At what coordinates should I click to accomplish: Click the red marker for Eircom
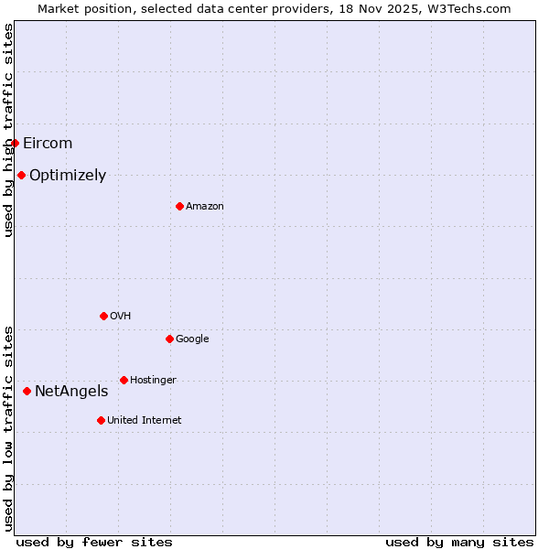coord(15,143)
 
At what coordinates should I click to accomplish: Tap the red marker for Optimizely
coord(21,175)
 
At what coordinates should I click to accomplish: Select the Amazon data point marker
coord(179,206)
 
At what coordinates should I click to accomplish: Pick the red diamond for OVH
coord(103,316)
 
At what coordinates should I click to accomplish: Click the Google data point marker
coord(169,339)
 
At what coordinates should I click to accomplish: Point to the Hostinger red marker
coord(124,380)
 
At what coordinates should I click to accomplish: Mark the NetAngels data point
coord(27,391)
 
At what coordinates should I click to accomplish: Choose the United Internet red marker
coord(101,420)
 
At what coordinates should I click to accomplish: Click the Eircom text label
coord(48,143)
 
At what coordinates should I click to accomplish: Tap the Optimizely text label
coord(68,175)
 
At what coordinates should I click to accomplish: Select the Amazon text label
coord(205,206)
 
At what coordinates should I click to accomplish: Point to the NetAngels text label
coord(71,391)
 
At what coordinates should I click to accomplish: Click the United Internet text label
coord(145,420)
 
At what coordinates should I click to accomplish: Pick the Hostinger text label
coord(153,380)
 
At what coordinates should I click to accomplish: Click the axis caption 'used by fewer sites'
coord(94,542)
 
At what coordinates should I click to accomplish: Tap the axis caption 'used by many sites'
coord(459,542)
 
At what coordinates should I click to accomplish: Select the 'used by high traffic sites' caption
coord(8,130)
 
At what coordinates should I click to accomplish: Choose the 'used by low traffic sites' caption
coord(8,427)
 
